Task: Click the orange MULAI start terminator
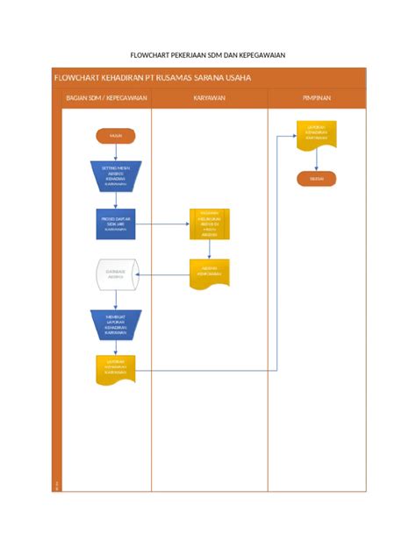(x=115, y=136)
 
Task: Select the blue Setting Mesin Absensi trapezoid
(x=115, y=175)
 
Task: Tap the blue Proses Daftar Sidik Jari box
(x=115, y=224)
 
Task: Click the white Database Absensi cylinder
(x=115, y=273)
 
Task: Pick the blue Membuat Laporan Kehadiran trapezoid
(x=115, y=324)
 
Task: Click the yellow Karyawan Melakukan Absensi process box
(x=210, y=224)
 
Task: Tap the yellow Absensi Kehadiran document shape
(x=210, y=271)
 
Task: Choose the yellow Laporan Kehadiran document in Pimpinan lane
(x=316, y=134)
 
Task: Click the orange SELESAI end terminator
(x=316, y=179)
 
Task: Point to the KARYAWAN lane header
(x=209, y=98)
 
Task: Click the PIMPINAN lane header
(x=316, y=98)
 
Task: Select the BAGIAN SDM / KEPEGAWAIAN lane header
(x=102, y=98)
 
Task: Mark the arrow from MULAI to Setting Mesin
(x=115, y=152)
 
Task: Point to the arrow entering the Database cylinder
(x=115, y=251)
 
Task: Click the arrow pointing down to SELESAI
(x=316, y=163)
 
